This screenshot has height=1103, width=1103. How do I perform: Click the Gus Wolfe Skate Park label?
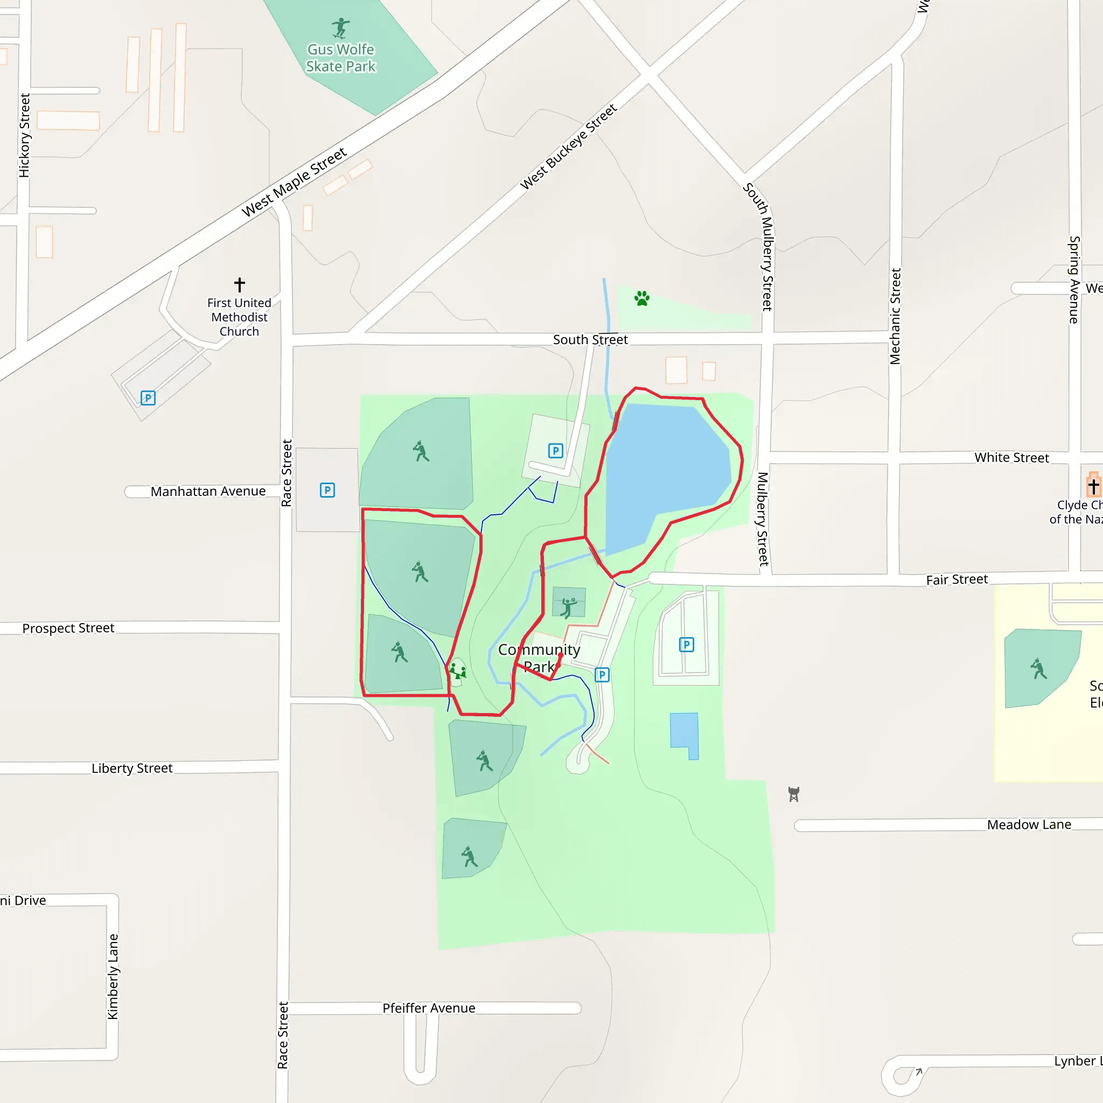coord(341,58)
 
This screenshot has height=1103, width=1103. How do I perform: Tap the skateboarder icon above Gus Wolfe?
coord(341,27)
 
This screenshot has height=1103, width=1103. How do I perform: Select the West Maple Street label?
coord(294,182)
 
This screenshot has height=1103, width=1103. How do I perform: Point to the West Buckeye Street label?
coord(569,146)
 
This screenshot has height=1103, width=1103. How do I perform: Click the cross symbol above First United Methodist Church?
coord(240,284)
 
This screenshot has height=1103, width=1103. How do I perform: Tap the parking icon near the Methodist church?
coord(148,398)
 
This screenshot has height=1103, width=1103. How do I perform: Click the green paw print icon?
coord(641,298)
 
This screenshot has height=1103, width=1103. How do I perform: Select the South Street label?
coord(590,340)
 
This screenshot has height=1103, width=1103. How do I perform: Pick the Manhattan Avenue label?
coord(208,492)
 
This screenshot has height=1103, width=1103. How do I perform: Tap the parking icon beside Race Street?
coord(327,490)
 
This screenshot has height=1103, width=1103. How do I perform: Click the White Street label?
coord(1011,458)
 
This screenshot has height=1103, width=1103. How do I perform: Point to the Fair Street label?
coord(957,580)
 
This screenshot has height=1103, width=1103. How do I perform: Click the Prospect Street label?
coord(68,628)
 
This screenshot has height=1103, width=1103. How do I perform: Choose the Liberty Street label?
coord(132,769)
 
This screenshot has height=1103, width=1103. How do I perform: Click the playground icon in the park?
coord(457,670)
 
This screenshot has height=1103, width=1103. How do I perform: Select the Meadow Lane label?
coord(1029,825)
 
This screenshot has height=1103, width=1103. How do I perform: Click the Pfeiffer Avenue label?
coord(429,1008)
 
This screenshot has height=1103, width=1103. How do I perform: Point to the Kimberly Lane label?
coord(113,976)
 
